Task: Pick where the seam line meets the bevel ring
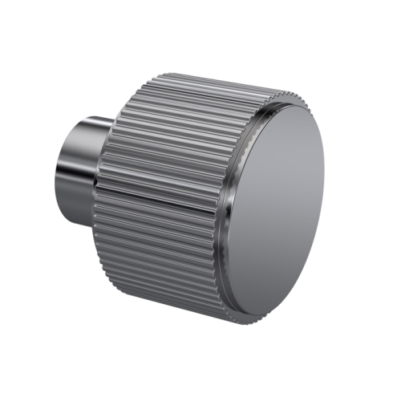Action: point(221,206)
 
